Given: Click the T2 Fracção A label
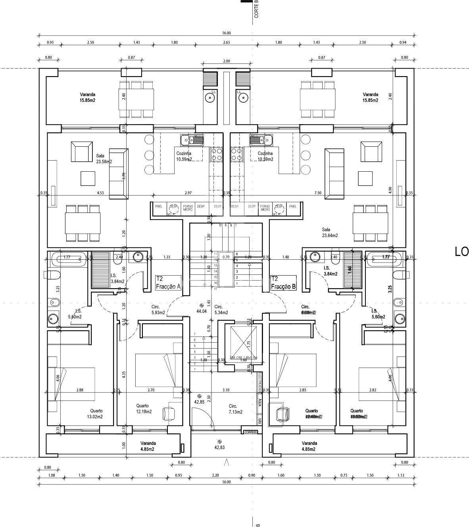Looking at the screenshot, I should (168, 283).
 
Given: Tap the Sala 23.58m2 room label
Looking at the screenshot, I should (104, 159).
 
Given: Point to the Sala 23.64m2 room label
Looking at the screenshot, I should (330, 232).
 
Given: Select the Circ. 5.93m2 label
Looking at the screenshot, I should (158, 310).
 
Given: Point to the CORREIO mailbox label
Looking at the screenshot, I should (251, 432).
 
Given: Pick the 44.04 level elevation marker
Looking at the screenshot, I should (202, 309).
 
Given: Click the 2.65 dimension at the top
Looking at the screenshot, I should (227, 42).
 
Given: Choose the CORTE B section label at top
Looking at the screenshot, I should (256, 9).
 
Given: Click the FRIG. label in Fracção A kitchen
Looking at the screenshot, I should (159, 207).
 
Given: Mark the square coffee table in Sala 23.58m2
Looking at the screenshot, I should (88, 178).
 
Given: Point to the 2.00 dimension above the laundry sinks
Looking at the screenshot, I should (227, 61).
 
